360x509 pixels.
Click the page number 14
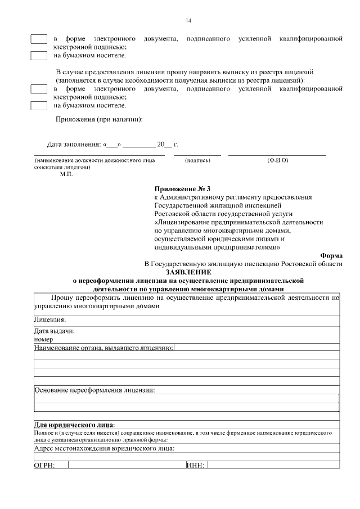(188, 21)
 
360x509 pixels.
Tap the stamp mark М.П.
(66, 174)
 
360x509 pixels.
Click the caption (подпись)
(197, 161)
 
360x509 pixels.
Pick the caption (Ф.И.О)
(277, 161)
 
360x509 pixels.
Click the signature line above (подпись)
(197, 154)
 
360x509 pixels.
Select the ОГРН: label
(44, 465)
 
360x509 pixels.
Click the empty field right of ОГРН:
(127, 465)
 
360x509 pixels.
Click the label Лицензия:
(50, 319)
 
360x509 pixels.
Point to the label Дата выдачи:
(55, 331)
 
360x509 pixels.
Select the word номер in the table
(43, 339)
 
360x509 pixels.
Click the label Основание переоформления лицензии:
(94, 390)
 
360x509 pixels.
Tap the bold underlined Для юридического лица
(74, 424)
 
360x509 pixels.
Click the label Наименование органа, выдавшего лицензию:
(103, 349)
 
